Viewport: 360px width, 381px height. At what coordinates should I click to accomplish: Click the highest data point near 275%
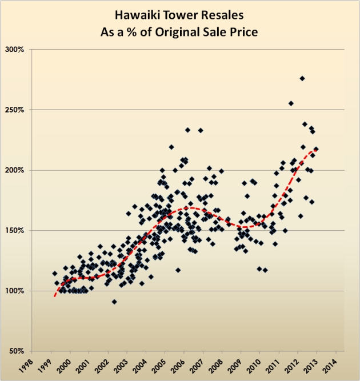(x=302, y=79)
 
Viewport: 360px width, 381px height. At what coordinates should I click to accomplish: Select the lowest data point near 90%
(x=114, y=302)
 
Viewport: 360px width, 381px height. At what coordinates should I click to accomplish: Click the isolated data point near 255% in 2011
(x=291, y=103)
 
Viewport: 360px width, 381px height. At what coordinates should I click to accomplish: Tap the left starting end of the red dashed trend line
(x=55, y=295)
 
